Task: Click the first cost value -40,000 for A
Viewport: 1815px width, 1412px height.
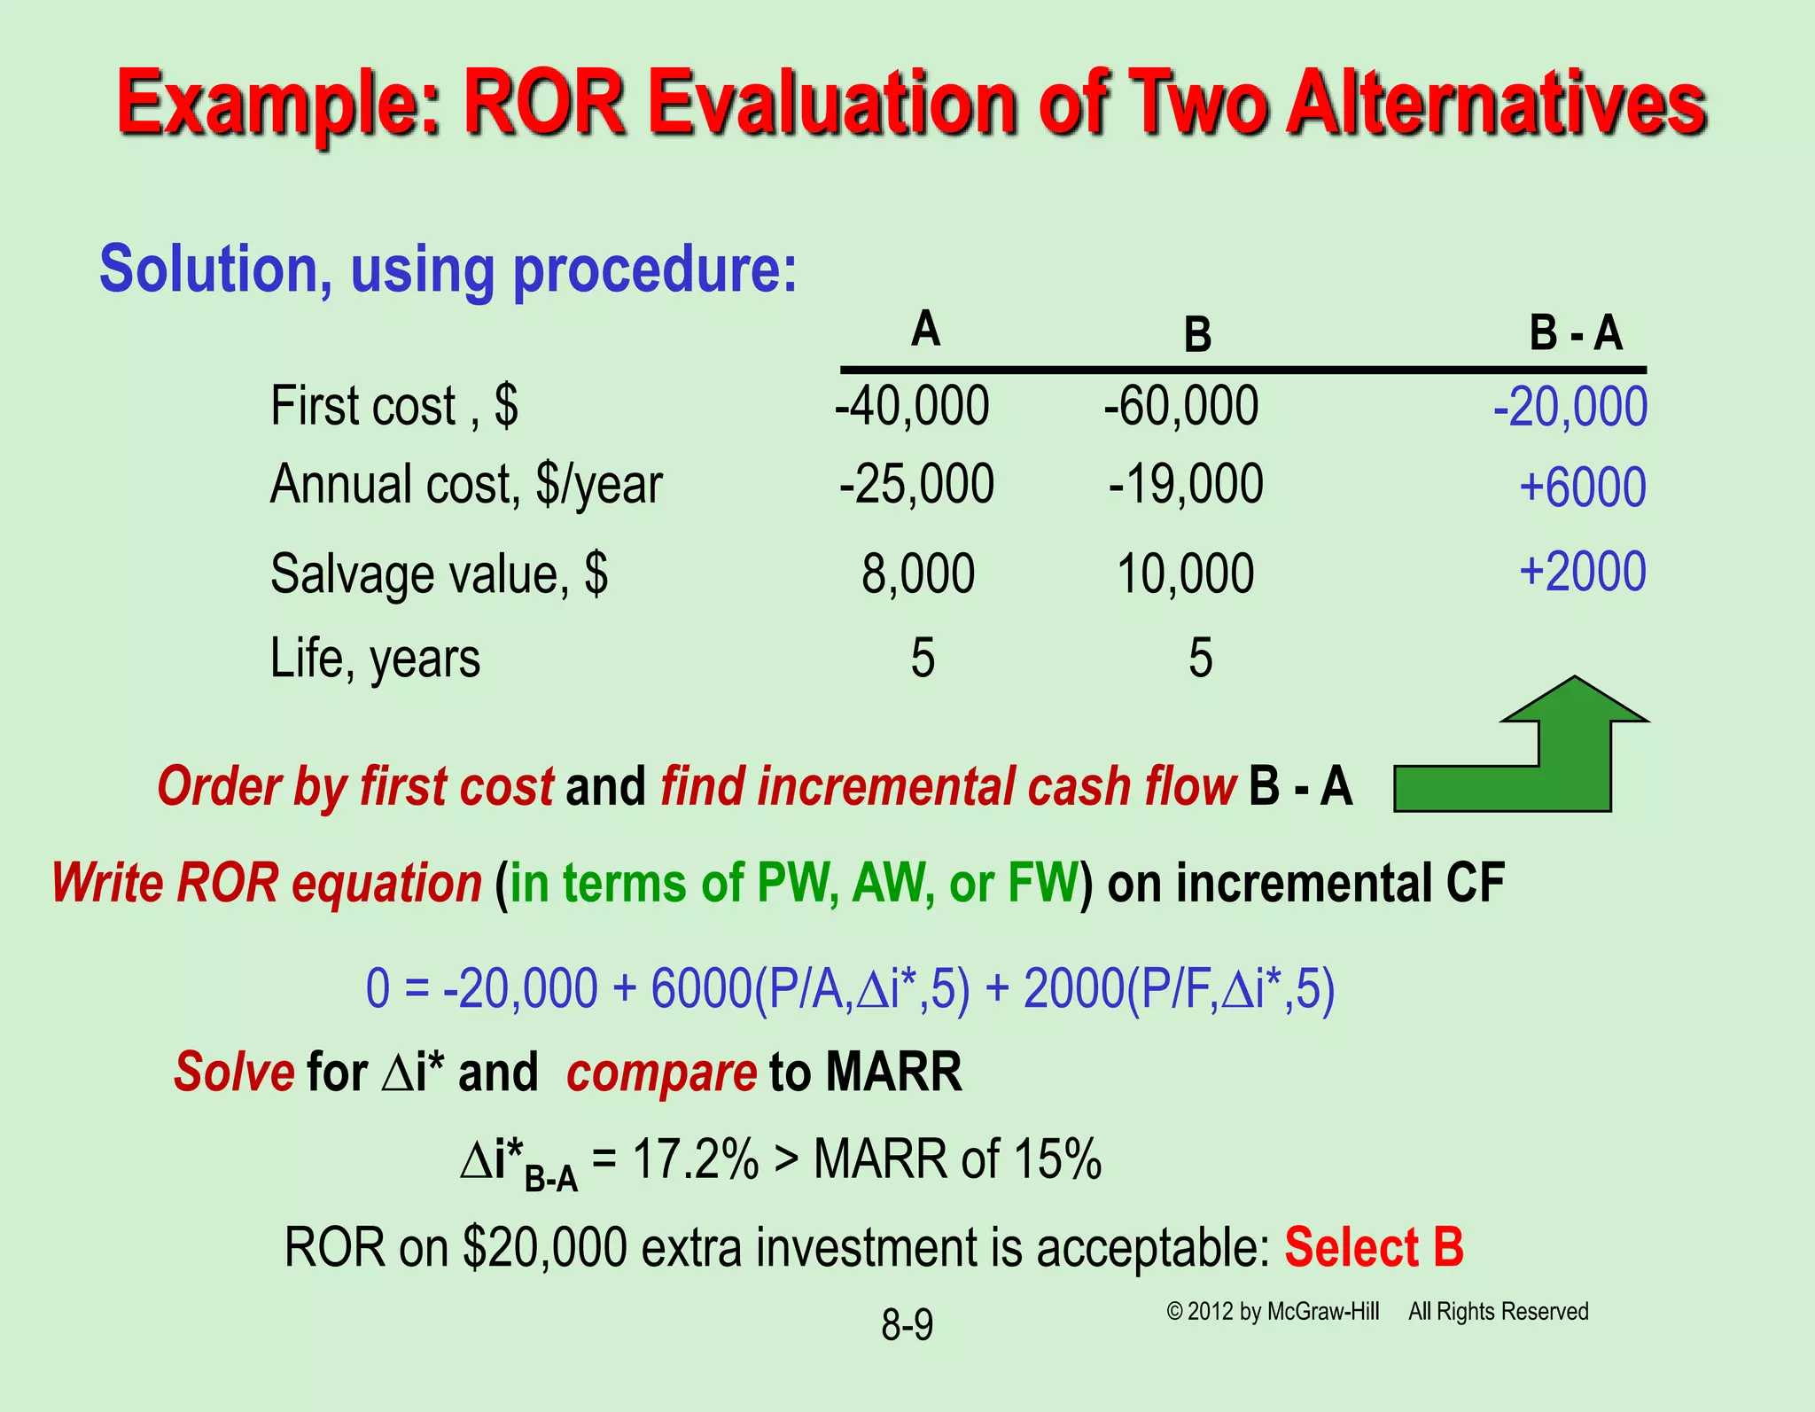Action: pyautogui.click(x=912, y=406)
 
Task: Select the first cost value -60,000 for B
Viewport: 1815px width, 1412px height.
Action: pyautogui.click(x=1180, y=406)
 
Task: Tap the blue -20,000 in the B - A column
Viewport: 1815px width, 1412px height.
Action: pyautogui.click(x=1570, y=408)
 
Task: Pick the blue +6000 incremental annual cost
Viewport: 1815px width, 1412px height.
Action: pyautogui.click(x=1582, y=488)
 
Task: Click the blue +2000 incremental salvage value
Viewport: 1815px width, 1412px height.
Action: pyautogui.click(x=1582, y=572)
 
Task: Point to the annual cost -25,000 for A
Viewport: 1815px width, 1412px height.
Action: pyautogui.click(x=916, y=484)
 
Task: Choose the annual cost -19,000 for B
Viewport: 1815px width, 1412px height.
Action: pyautogui.click(x=1186, y=484)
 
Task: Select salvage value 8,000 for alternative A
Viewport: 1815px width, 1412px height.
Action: pyautogui.click(x=918, y=573)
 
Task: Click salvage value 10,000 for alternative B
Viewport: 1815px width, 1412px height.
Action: pyautogui.click(x=1185, y=573)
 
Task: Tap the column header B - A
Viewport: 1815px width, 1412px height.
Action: pyautogui.click(x=1575, y=334)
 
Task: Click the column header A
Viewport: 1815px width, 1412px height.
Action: pyautogui.click(x=925, y=330)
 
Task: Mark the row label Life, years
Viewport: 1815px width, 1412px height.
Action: pyautogui.click(x=375, y=659)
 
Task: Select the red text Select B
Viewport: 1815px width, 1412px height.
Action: pyautogui.click(x=1373, y=1247)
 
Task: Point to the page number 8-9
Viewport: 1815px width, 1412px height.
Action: pyautogui.click(x=907, y=1325)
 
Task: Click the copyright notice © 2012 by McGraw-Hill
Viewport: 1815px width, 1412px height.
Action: pyautogui.click(x=1273, y=1312)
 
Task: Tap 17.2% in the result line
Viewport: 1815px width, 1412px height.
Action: pyautogui.click(x=696, y=1158)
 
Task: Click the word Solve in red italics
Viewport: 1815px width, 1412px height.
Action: pyautogui.click(x=234, y=1072)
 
